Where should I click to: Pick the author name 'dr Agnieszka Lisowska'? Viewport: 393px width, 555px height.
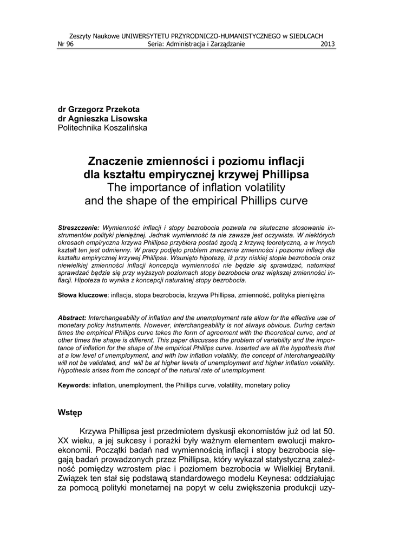tap(102, 118)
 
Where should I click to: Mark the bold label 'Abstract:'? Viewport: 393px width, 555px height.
tap(72, 317)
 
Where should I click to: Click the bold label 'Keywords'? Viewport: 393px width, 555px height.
tap(74, 385)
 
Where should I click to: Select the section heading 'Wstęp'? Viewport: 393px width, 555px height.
tap(70, 412)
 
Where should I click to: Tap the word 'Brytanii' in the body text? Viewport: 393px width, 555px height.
tap(317, 469)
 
